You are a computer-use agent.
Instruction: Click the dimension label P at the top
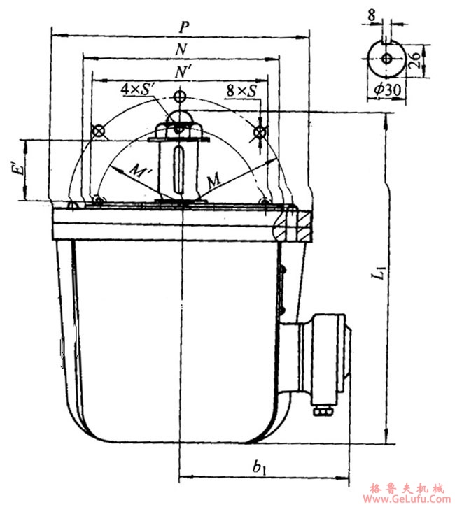pyautogui.click(x=183, y=27)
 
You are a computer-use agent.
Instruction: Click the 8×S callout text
pyautogui.click(x=240, y=90)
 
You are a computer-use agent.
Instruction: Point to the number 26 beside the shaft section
pyautogui.click(x=413, y=59)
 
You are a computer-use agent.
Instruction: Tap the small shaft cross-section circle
pyautogui.click(x=386, y=59)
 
